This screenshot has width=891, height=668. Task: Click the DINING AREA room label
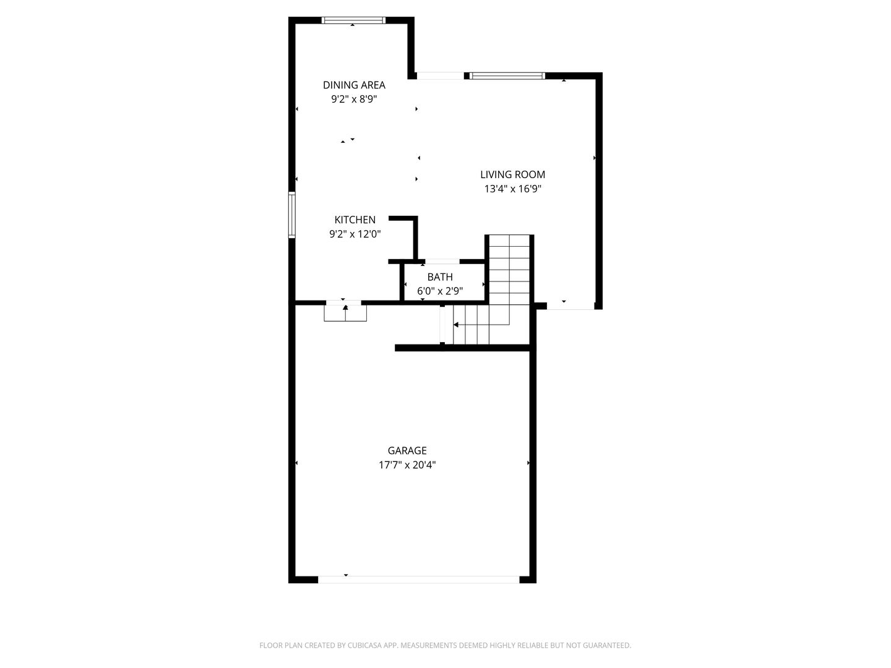354,85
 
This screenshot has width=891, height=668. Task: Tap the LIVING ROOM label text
512,175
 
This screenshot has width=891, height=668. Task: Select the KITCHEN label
355,220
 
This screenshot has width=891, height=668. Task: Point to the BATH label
440,277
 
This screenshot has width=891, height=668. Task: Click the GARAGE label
407,451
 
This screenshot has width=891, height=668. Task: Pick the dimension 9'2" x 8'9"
354,99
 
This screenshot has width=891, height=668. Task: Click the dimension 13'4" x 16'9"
512,189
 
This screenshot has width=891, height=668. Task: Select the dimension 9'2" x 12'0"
355,234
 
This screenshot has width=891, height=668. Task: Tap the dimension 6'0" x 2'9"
440,291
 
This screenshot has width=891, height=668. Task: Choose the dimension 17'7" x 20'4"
407,465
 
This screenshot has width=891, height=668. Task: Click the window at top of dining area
354,20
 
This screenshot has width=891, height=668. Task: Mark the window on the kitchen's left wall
291,215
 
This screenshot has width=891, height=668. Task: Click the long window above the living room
507,76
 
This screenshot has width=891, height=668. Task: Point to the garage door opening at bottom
418,580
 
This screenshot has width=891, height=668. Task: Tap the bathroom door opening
442,262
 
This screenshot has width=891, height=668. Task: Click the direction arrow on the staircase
456,325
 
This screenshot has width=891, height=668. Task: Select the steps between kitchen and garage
345,312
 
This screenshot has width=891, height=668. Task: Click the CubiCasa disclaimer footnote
445,646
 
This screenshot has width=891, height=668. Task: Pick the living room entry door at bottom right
570,307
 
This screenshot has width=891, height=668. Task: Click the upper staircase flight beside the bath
509,269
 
